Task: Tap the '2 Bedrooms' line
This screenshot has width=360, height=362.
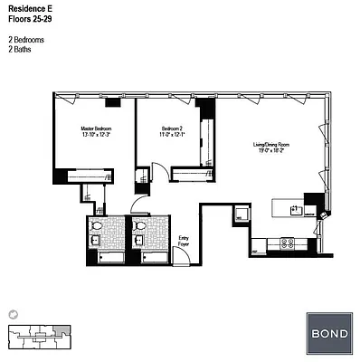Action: [x=26, y=39]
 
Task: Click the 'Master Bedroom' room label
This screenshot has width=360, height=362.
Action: [x=95, y=129]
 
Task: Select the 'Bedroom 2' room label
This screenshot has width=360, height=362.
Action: [x=172, y=129]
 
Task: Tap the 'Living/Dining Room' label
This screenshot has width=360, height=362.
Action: [x=270, y=144]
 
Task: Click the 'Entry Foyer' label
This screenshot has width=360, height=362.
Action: [x=185, y=241]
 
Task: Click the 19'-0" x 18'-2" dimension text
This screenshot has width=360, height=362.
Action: [x=270, y=151]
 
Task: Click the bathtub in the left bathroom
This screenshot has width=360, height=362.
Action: [x=108, y=257]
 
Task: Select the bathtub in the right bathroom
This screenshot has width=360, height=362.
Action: [x=149, y=257]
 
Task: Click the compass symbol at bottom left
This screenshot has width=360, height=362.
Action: [x=12, y=312]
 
